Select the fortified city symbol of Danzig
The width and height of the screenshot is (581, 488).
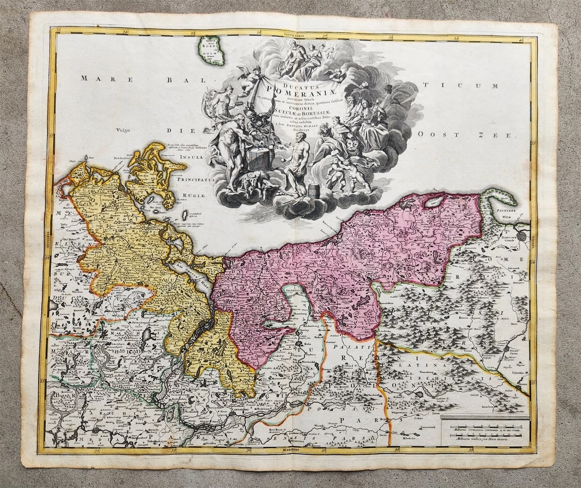pyautogui.click(x=522, y=236)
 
